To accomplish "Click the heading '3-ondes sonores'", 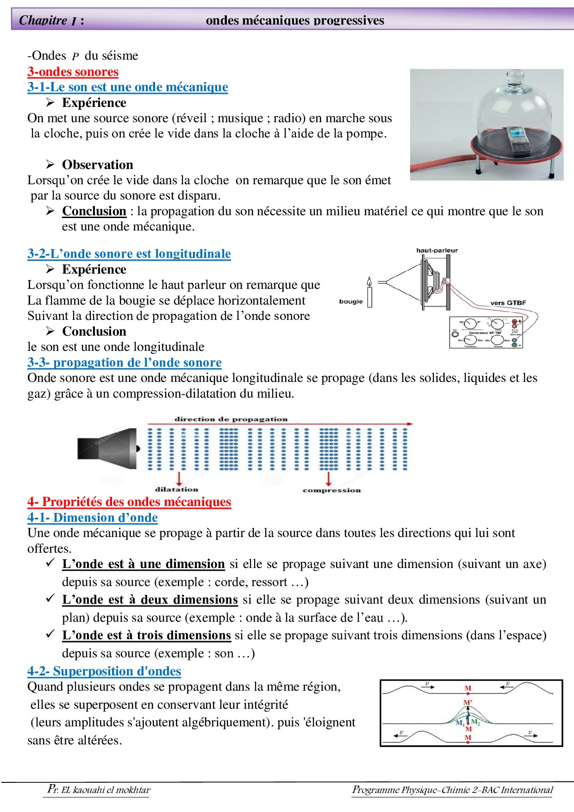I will coord(73,72).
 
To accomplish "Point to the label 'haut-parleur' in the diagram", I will coord(437,250).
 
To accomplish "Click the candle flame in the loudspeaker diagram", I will coord(369,281).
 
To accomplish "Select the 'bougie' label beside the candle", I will coord(351,301).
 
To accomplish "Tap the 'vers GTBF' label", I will coord(508,303).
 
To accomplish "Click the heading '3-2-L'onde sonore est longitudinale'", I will coord(129,254).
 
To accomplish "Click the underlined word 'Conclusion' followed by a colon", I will coord(94,211).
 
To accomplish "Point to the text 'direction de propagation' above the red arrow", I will coord(231,419).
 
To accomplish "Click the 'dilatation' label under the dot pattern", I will coord(176,489).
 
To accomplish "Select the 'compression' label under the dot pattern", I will coord(331,490).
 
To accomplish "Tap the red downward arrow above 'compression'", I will coord(328,478).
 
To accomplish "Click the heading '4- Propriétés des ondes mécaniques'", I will coord(129,502).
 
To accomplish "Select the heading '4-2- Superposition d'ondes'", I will coord(104,671).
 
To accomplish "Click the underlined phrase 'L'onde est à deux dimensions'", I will coord(150,600).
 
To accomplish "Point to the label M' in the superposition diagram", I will coord(468,703).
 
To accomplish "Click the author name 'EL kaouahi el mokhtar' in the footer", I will coord(106,790).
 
